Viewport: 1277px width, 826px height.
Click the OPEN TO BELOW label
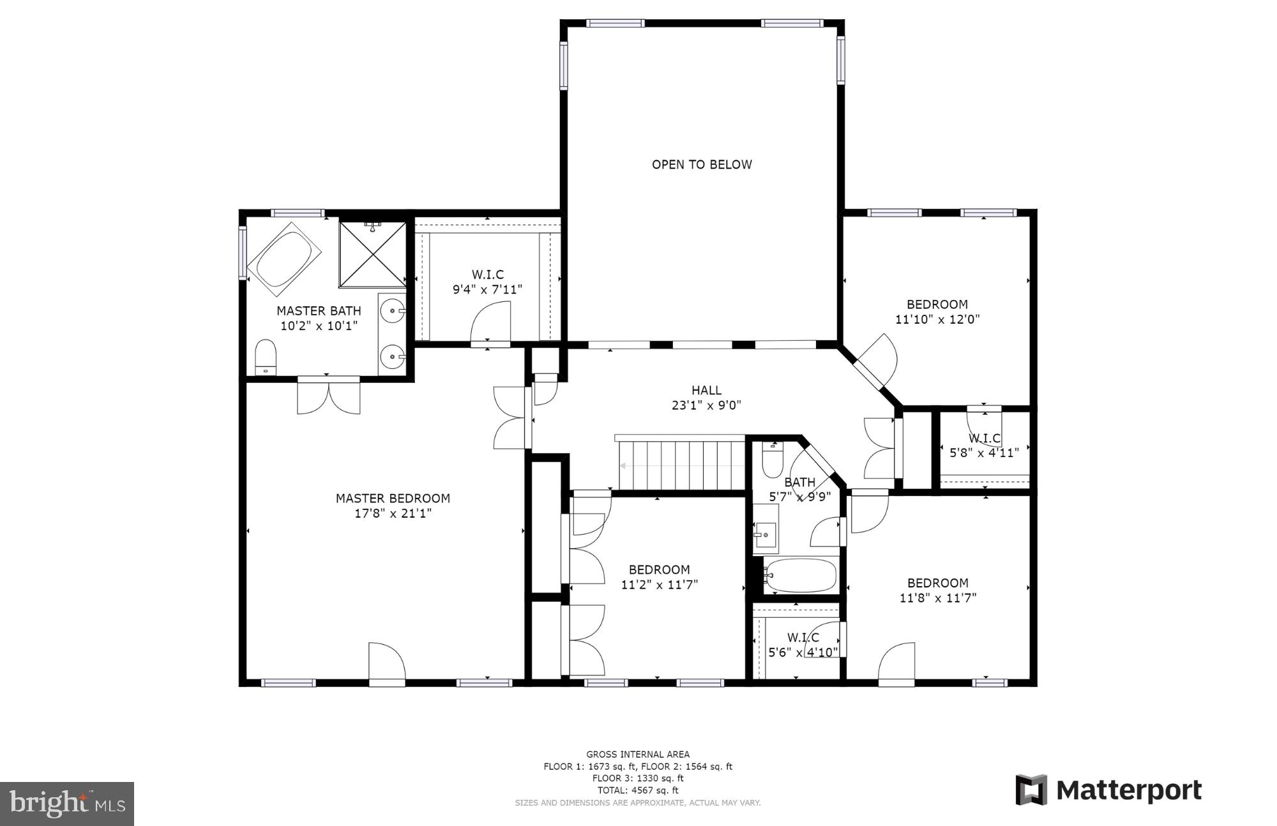click(x=702, y=165)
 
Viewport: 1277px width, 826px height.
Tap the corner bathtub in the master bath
click(x=284, y=259)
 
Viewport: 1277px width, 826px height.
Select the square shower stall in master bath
click(x=372, y=254)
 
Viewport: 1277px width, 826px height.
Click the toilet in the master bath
click(x=265, y=357)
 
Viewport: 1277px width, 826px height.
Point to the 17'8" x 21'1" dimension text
click(x=393, y=513)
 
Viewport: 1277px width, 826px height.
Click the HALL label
click(x=706, y=390)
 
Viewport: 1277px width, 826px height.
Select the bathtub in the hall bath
click(x=801, y=576)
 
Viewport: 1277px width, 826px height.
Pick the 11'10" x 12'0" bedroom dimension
click(x=937, y=319)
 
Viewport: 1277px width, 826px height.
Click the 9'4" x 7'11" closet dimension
click(x=487, y=289)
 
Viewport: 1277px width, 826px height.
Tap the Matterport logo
click(x=1108, y=790)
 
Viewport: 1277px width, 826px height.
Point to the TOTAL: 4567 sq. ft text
click(x=637, y=790)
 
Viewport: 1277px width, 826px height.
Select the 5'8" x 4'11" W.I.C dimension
click(x=984, y=453)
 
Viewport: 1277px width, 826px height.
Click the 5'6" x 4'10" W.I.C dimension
click(x=803, y=652)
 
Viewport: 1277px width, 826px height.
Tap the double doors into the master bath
click(x=328, y=396)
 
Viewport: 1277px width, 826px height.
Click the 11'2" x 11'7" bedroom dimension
click(x=659, y=584)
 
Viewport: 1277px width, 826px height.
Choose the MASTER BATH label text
click(x=319, y=311)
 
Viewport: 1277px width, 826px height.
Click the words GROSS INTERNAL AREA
click(x=637, y=755)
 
